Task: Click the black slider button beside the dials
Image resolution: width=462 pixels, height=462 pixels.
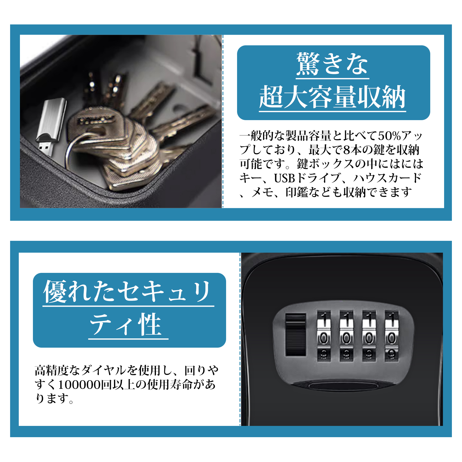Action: (x=296, y=335)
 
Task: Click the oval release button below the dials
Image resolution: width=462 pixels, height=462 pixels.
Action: (x=344, y=385)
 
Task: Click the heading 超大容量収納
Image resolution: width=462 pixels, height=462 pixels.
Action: (x=333, y=97)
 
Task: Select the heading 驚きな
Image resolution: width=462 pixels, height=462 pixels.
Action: (x=332, y=64)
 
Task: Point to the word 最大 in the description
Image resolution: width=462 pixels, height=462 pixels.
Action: (x=320, y=150)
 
